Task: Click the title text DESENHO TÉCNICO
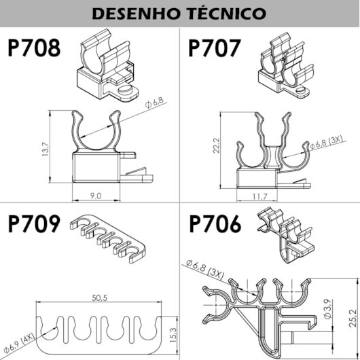tap(179, 13)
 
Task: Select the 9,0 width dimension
tap(95, 196)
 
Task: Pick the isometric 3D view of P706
tap(285, 234)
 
